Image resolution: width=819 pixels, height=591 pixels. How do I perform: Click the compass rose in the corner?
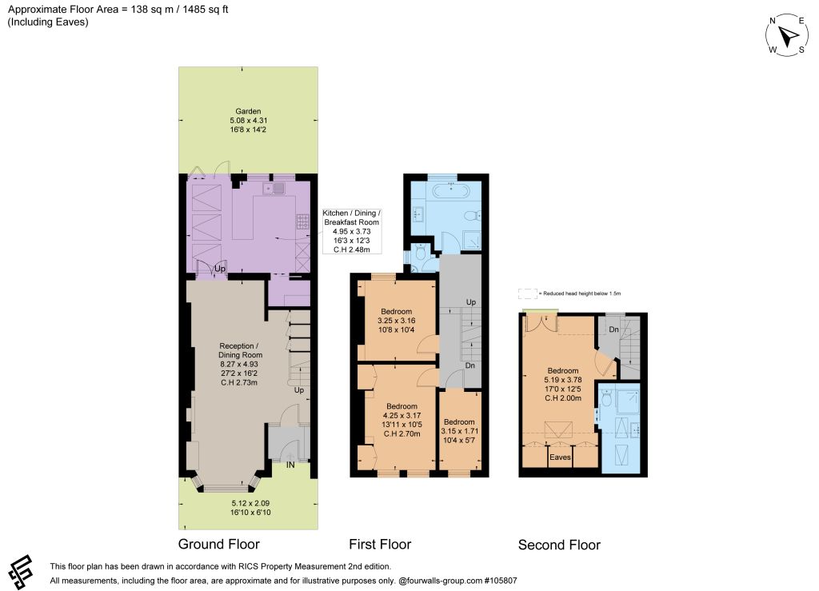(787, 35)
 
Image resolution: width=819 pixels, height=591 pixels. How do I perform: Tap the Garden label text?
(248, 111)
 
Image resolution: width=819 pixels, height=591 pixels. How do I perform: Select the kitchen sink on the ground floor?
(274, 189)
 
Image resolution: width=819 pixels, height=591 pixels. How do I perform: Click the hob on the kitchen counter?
(303, 222)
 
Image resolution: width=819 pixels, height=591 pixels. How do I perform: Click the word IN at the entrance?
(290, 465)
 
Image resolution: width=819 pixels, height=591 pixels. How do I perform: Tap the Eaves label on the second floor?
(560, 457)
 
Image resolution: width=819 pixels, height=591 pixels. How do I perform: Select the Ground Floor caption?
(219, 544)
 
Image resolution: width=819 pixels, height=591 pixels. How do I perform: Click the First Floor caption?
(380, 544)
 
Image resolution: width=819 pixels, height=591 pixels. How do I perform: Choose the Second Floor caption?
(559, 545)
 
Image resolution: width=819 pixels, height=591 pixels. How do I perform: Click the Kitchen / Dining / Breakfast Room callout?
(352, 231)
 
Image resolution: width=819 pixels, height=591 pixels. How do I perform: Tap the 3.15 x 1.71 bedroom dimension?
(460, 431)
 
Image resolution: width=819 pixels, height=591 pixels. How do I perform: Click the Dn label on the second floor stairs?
(613, 329)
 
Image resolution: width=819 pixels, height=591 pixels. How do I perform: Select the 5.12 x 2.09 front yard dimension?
(250, 503)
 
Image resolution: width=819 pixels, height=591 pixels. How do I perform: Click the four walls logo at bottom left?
(21, 571)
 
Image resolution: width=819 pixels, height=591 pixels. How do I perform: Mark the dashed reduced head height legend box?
(528, 294)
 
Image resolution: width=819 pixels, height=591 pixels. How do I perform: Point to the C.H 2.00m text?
(563, 397)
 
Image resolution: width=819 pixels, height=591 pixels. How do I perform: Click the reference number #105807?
(501, 581)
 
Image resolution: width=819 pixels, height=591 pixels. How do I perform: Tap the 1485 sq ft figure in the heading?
(206, 10)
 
